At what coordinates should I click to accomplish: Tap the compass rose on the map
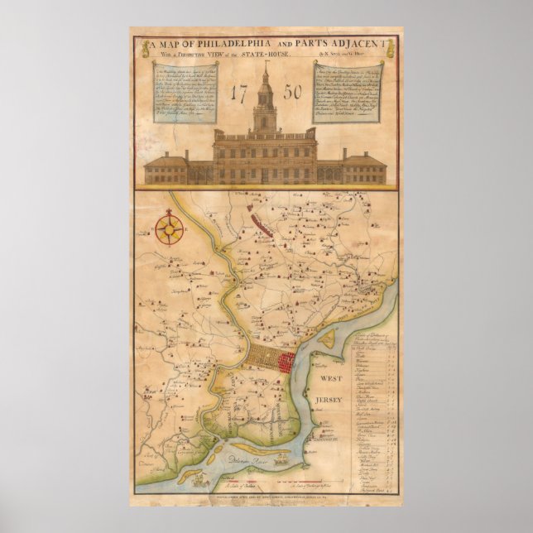170,228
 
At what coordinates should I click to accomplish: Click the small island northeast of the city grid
328,338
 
